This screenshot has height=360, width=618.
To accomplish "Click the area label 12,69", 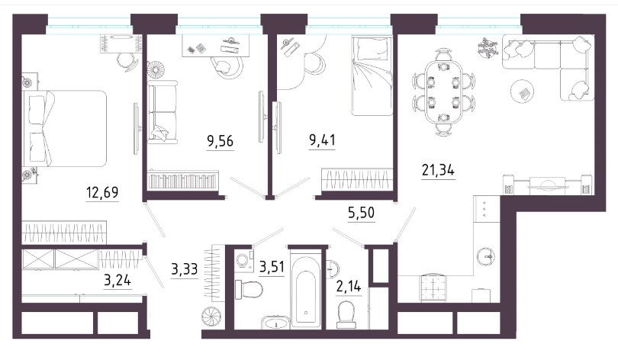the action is coord(102,193).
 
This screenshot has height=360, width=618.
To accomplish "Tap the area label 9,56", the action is coord(220,140).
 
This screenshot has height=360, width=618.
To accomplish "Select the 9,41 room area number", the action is coord(323,140).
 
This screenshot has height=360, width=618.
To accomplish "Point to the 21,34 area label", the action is coord(438,170).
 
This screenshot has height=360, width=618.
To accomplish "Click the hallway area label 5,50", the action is coord(362,213).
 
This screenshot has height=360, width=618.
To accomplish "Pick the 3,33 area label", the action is coord(185,269).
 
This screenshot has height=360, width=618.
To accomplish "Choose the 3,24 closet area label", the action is coord(117,281).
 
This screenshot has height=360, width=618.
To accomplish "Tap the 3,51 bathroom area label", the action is coord(272,267).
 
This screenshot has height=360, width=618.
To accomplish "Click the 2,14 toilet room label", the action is coord(349,286).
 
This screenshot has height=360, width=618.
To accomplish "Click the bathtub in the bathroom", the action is coord(305,292).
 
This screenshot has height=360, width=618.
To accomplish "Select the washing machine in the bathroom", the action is coord(244,260).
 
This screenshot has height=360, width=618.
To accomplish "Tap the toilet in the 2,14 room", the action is coord(347,314).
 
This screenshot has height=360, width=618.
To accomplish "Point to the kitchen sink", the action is coord(487,256).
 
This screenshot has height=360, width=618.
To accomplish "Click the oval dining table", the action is coord(444,92).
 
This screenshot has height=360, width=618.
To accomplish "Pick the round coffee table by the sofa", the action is coord(523,92).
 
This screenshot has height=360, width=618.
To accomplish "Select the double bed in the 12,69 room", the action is coord(65,129).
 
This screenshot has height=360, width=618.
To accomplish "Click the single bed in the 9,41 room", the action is coord(372,76).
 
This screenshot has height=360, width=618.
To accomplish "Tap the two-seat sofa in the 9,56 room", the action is coord(163,112).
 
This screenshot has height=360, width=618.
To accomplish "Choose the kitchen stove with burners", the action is coord(433,287).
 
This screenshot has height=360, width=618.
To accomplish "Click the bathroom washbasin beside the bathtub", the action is coord(275,322).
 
